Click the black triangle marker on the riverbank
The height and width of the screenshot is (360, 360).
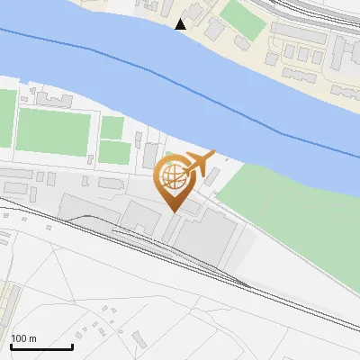pos(181,24)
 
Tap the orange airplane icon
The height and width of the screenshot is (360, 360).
pos(199,164)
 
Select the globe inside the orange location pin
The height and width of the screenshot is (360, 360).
pos(170,176)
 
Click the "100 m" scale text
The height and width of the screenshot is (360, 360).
pos(23,338)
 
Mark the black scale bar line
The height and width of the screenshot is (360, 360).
pos(41,346)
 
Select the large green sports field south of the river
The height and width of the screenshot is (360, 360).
pos(54,130)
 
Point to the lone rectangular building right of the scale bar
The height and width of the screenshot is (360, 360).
pos(139,341)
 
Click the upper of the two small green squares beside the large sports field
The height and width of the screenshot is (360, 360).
pos(112,128)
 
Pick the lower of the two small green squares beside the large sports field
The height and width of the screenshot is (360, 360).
pos(113,152)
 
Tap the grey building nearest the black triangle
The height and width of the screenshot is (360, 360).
pos(214,30)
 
